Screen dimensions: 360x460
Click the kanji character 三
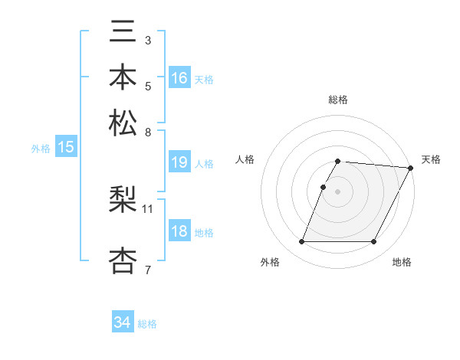[x=124, y=33]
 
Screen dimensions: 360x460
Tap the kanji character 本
[x=124, y=78]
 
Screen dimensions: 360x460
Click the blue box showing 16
[x=179, y=77]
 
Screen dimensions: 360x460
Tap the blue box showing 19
[x=179, y=162]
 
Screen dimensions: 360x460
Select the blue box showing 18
[x=179, y=232]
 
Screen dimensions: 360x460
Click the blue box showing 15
[x=66, y=147]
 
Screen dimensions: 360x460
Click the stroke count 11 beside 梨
[x=148, y=208]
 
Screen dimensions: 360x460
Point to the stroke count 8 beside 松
[x=148, y=132]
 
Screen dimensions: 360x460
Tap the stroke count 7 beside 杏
[x=148, y=270]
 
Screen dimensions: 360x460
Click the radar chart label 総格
[x=338, y=100]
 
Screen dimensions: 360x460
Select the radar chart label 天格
[x=431, y=159]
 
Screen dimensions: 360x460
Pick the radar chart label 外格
[x=270, y=262]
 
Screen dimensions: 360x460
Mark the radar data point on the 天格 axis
[x=411, y=168]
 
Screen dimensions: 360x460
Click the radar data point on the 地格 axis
[x=374, y=242]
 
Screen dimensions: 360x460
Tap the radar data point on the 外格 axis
[x=301, y=242]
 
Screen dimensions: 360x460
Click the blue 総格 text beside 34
[x=147, y=324]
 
